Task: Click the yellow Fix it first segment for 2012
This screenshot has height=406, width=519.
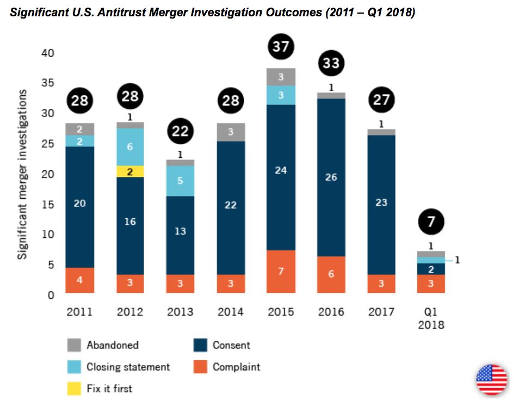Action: [x=130, y=171]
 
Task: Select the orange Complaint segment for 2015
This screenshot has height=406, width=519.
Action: [x=281, y=271]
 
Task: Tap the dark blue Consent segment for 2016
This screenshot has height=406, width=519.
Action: [x=331, y=177]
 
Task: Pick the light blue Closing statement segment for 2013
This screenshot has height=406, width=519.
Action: [x=180, y=181]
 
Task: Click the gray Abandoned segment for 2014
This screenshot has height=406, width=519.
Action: [x=231, y=132]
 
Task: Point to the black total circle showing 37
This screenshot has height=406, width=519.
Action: [x=281, y=47]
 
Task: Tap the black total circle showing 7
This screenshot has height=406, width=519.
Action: [x=431, y=222]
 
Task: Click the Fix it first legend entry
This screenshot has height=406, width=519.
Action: [x=109, y=389]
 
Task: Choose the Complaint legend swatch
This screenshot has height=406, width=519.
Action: [x=200, y=367]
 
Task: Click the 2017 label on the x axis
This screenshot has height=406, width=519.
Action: [x=381, y=312]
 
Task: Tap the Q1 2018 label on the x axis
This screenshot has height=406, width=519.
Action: [x=431, y=318]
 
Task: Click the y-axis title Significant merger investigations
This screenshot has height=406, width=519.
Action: [x=23, y=174]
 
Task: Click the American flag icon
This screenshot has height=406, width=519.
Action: [x=491, y=379]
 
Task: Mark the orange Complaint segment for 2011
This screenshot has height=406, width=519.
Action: [x=80, y=280]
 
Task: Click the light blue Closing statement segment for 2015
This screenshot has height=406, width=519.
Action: [x=281, y=95]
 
